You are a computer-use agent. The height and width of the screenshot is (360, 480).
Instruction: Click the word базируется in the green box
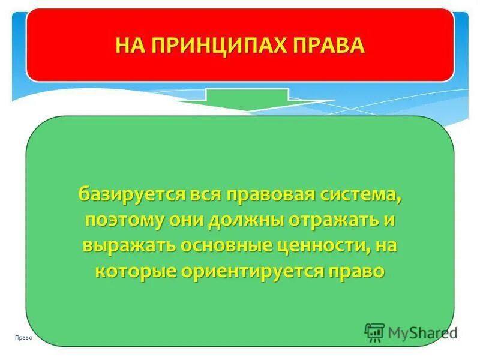click(121, 195)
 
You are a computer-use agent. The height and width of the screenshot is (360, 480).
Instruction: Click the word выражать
click(122, 245)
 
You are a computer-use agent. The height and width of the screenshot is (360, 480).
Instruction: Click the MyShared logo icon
click(374, 332)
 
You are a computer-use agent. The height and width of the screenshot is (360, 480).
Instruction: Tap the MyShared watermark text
click(422, 332)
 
